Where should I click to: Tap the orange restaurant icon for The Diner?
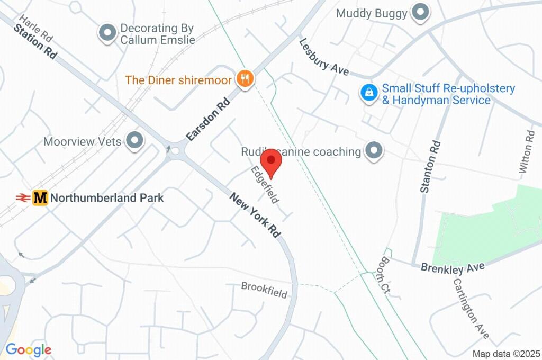(x=244, y=79)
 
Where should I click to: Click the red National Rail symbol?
(x=22, y=198)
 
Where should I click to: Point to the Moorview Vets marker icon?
(x=135, y=141)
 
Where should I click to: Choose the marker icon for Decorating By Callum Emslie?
(x=108, y=33)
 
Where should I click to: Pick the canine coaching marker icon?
(x=374, y=151)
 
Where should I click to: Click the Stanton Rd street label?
(x=429, y=166)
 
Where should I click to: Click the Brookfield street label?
(x=264, y=290)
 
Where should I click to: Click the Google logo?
(x=29, y=349)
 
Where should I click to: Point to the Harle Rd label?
(x=36, y=29)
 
